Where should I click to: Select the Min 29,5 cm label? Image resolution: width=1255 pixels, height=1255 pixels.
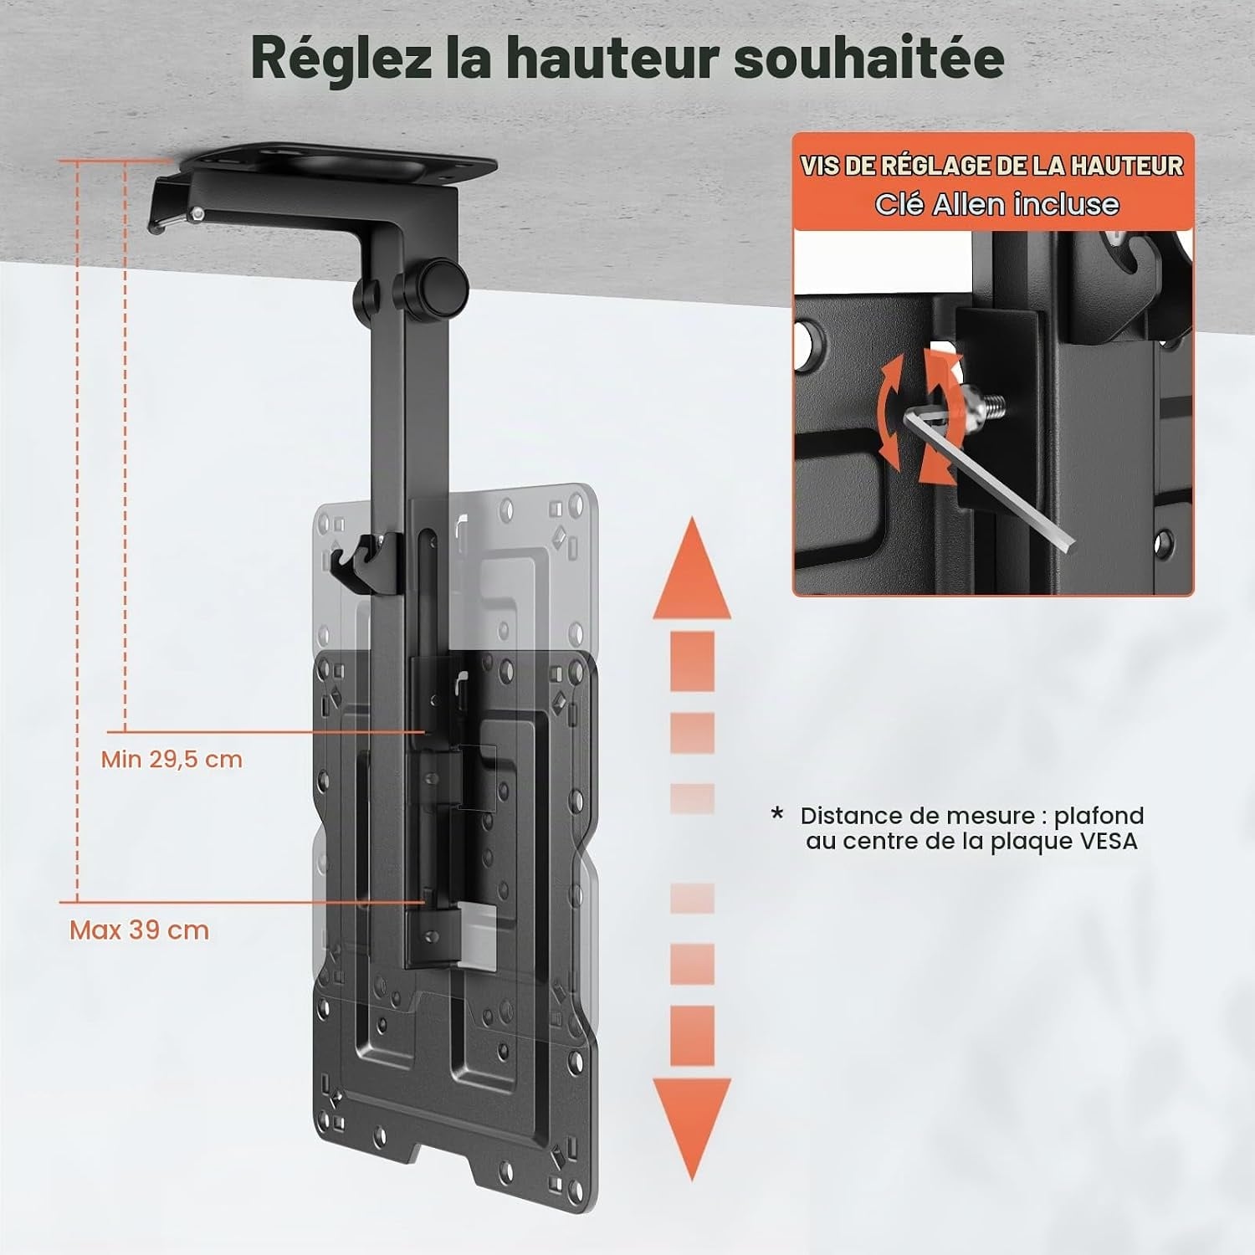pos(172,760)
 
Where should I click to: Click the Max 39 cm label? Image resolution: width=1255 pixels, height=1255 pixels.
pos(139,930)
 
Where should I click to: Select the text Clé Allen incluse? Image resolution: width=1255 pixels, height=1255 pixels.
pos(996,204)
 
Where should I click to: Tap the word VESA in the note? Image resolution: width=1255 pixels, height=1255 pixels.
pos(1106,841)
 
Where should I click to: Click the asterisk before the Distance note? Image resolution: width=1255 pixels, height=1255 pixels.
pos(778,812)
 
